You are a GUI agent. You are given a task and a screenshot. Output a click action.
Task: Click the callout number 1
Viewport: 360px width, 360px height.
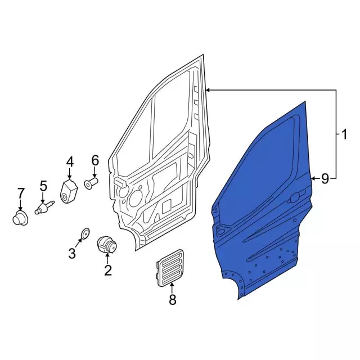[343, 134]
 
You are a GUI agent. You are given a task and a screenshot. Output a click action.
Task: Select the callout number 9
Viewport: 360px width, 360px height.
[325, 179]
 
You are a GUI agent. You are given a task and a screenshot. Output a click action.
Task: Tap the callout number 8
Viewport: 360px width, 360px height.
[172, 300]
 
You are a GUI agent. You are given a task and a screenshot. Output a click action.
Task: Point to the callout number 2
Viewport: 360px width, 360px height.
[107, 271]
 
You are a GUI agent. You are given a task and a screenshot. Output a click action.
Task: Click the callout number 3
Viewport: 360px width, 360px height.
[72, 254]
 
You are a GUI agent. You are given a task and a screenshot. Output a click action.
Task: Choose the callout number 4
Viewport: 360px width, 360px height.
[70, 162]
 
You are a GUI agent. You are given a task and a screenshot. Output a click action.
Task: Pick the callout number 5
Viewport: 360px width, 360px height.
[43, 186]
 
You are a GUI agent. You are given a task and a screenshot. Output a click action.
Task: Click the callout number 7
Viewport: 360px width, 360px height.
[21, 193]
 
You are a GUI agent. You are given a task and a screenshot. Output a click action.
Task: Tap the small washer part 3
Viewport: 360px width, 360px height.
[85, 233]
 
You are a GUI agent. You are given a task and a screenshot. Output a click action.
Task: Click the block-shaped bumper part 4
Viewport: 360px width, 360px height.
[69, 191]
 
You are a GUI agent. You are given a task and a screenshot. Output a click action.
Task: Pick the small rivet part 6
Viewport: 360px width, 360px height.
[91, 183]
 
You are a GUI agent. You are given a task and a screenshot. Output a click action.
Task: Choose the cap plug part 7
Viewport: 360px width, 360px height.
[21, 217]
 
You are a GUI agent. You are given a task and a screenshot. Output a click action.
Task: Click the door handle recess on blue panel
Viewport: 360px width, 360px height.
[294, 199]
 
